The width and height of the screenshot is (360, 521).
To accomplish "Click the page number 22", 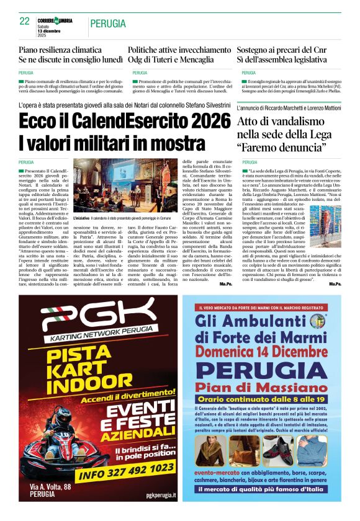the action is (x=25, y=21).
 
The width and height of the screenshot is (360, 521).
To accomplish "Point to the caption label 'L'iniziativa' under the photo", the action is (x=82, y=219).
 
